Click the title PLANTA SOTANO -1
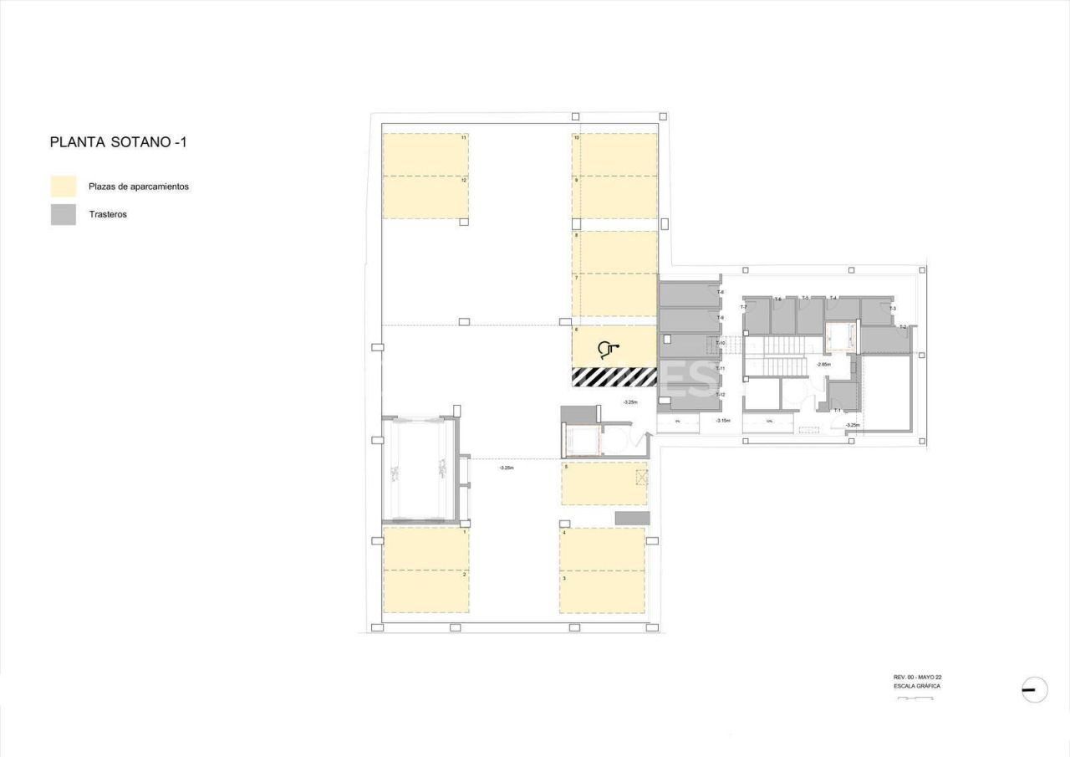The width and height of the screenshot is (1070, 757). (118, 142)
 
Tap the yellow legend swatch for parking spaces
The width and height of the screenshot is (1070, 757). (64, 187)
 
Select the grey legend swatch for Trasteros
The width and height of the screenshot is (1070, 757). (64, 215)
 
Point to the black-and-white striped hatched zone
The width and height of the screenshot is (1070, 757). (614, 376)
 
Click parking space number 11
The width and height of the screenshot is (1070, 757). (425, 155)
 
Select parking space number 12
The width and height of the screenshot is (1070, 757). (425, 197)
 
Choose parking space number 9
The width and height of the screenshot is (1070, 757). (614, 197)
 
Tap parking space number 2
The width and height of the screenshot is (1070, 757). (425, 591)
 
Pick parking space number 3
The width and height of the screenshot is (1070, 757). (602, 591)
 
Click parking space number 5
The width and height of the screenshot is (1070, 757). (604, 483)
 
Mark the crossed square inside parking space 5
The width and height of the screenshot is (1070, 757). (641, 478)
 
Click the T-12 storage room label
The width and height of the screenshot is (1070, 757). (720, 394)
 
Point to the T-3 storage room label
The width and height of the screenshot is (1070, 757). (893, 309)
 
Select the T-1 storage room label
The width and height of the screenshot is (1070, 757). (837, 410)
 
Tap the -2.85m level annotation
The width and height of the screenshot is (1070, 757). (823, 365)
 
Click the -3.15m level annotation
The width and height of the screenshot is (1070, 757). (722, 420)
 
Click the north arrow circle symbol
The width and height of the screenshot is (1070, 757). (1034, 689)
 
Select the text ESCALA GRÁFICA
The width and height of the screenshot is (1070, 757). (917, 686)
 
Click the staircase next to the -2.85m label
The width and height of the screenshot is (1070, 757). (784, 366)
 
